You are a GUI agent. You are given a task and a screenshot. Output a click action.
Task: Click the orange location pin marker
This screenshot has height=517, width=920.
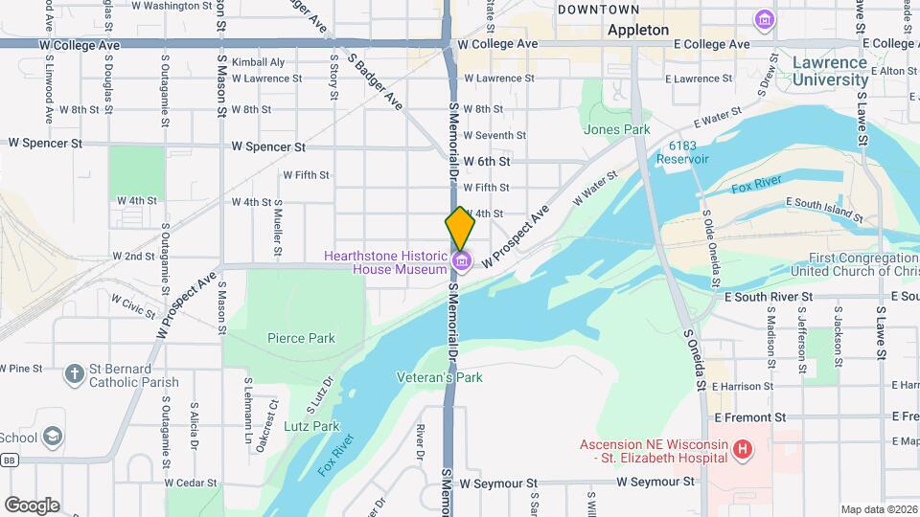tap(460, 228)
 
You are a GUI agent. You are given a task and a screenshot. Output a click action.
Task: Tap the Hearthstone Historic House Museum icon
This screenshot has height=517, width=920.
tap(461, 260)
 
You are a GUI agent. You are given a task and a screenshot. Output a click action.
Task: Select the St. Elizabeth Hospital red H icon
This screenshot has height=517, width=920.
tap(741, 448)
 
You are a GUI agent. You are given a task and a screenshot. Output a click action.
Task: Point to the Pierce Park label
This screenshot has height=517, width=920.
tap(301, 338)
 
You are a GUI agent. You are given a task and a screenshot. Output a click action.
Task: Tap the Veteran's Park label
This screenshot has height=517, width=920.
tap(440, 377)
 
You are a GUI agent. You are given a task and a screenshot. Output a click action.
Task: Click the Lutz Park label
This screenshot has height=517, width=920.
tap(312, 426)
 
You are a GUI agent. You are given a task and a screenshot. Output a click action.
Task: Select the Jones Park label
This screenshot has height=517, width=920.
tap(616, 129)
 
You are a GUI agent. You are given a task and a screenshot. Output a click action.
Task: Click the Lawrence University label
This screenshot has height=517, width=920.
tap(830, 72)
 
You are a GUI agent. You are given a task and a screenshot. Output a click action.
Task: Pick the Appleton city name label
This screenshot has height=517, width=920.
tap(638, 30)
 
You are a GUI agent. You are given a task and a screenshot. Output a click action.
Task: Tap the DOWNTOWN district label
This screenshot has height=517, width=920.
tap(598, 10)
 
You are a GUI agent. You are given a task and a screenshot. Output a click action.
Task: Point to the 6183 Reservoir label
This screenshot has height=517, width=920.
tap(682, 152)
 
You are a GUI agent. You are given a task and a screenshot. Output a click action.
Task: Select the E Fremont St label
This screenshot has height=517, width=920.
tap(749, 417)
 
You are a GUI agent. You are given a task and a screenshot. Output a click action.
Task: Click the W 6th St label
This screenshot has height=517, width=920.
tap(487, 162)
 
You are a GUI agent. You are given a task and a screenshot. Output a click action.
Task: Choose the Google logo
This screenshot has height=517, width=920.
tap(32, 505)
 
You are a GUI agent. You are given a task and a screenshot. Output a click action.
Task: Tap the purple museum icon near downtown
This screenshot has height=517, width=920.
tap(764, 19)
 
